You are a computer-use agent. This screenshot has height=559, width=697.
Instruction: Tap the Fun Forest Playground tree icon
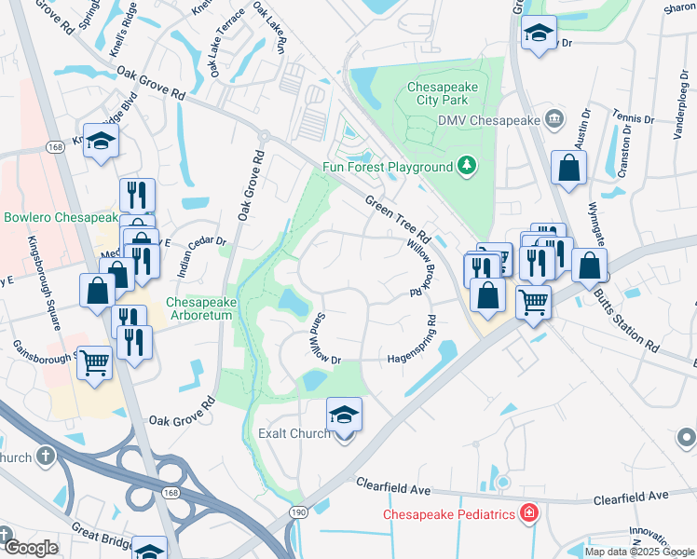pos(467,167)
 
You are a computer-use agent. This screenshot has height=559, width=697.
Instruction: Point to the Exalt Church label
pos(294,433)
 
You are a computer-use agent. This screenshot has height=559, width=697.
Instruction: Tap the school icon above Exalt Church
pos(344,414)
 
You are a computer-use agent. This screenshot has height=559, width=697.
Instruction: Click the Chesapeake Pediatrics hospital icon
pos(528,513)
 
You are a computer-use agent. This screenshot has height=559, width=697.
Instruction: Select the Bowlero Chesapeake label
pos(61,218)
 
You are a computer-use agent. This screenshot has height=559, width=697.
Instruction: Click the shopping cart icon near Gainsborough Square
pos(94,361)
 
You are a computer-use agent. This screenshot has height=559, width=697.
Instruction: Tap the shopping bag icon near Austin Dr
pos(568,169)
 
